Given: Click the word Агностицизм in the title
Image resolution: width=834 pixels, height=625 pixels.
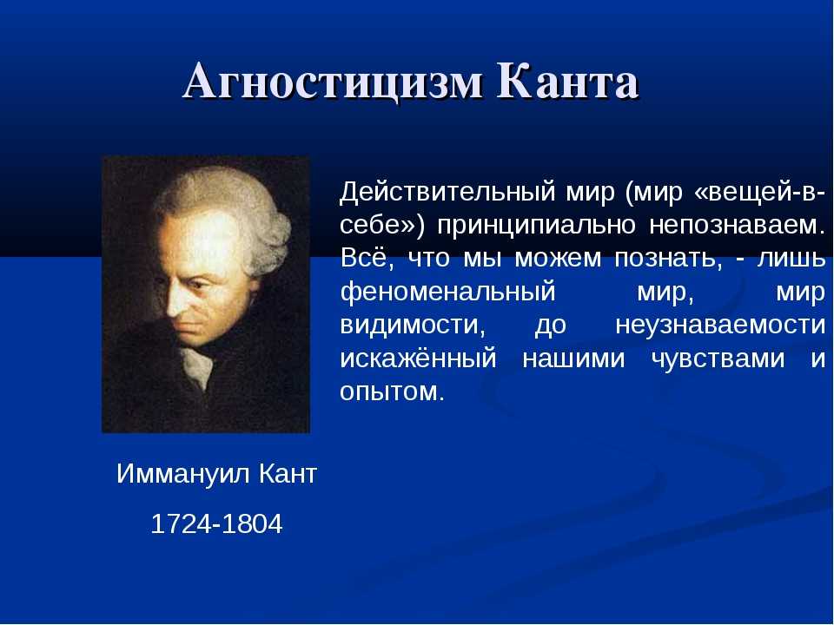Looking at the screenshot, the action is pos(332,83).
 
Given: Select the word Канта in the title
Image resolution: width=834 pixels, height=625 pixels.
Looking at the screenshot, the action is pos(567,82).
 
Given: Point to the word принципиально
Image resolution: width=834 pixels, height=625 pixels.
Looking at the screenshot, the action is pos(536,226).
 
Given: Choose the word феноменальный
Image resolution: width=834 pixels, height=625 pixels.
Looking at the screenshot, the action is pos(447,292).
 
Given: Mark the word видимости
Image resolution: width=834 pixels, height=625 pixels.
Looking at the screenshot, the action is pos(413,325).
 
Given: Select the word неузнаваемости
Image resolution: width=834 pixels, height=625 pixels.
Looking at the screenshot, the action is pos(720,325).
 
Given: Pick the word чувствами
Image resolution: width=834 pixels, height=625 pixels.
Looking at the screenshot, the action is pos(718,359).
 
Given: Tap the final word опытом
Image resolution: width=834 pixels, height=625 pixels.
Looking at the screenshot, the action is pos(392,391).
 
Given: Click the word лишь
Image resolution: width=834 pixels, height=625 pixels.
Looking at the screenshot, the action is pos(791,259).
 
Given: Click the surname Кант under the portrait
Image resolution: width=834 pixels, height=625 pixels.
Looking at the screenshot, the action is pos(288,473).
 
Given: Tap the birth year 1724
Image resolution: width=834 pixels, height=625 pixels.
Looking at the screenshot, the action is pos(182,524).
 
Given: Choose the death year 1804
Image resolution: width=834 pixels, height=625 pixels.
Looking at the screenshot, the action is pos(252,524).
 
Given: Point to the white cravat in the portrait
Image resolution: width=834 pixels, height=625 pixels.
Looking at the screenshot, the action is pos(198,367).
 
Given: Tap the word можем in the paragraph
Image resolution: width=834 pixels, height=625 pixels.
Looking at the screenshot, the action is pos(558,260).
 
